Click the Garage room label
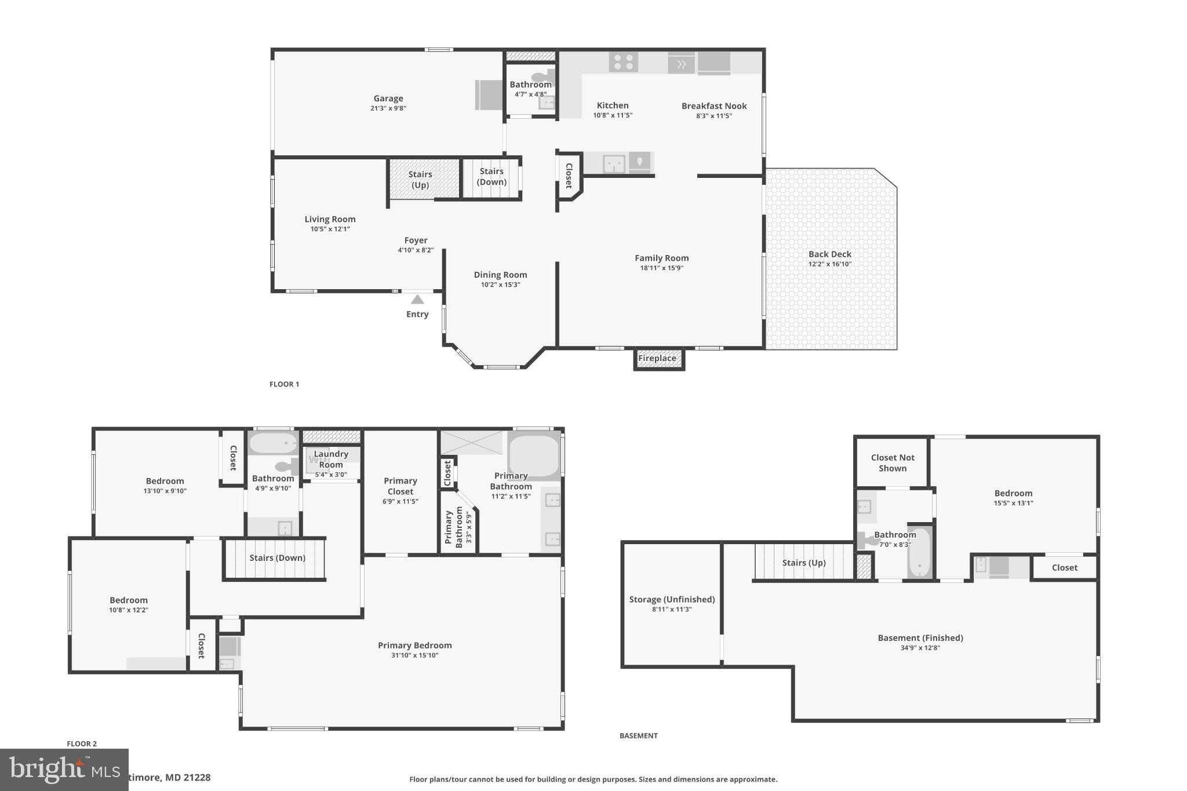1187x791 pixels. coord(388,99)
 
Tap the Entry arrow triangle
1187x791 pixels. coord(417,300)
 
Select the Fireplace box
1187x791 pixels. coord(658,358)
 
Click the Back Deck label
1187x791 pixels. coord(829,254)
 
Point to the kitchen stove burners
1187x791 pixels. coord(624,62)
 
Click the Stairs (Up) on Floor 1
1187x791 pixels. coord(420,180)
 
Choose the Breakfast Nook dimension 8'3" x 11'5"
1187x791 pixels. coord(714,116)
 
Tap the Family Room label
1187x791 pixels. coord(661,258)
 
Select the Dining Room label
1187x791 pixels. coord(500,275)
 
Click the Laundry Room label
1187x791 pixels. coord(331,459)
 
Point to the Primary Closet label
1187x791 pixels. coord(400,486)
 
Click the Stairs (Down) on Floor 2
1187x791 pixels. coord(277,557)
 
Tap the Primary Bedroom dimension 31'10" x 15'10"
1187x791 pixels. coord(414,655)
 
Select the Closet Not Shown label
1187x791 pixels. coord(892,462)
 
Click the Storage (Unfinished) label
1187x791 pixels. coord(672,599)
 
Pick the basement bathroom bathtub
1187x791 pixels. coord(919,553)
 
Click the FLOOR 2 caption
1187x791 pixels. coord(82,743)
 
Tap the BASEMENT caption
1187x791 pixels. coord(638,735)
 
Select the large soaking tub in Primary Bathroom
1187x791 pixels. coord(533,455)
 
